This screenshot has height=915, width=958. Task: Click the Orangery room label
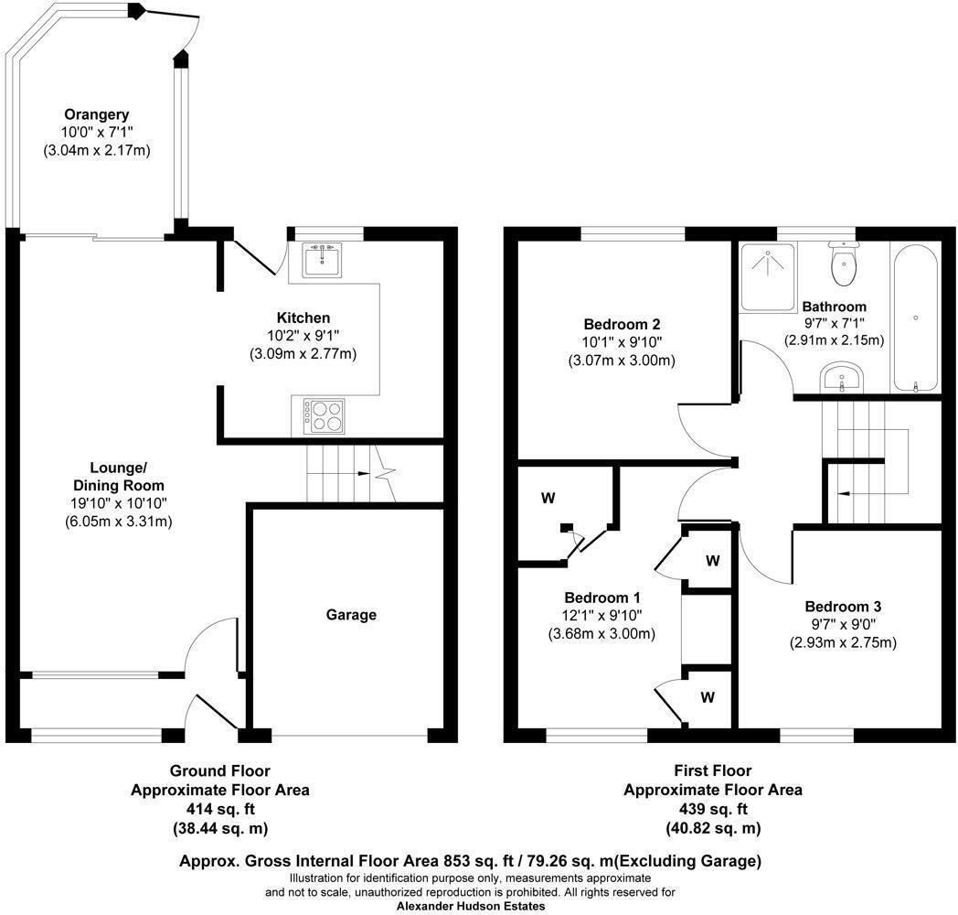coord(96,114)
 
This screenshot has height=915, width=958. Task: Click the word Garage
coord(352,615)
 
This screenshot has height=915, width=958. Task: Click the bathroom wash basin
coord(843,378)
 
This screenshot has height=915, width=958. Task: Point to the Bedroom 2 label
coord(623,324)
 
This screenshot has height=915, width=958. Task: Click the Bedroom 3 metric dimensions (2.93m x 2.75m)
coord(843,642)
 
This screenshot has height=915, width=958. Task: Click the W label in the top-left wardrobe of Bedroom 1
coord(548,499)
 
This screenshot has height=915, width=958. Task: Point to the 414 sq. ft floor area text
coord(219,809)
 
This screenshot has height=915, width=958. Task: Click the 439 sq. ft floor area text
coord(712,809)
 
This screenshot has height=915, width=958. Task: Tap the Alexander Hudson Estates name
coord(471,906)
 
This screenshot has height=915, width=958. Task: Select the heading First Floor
coord(712,771)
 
